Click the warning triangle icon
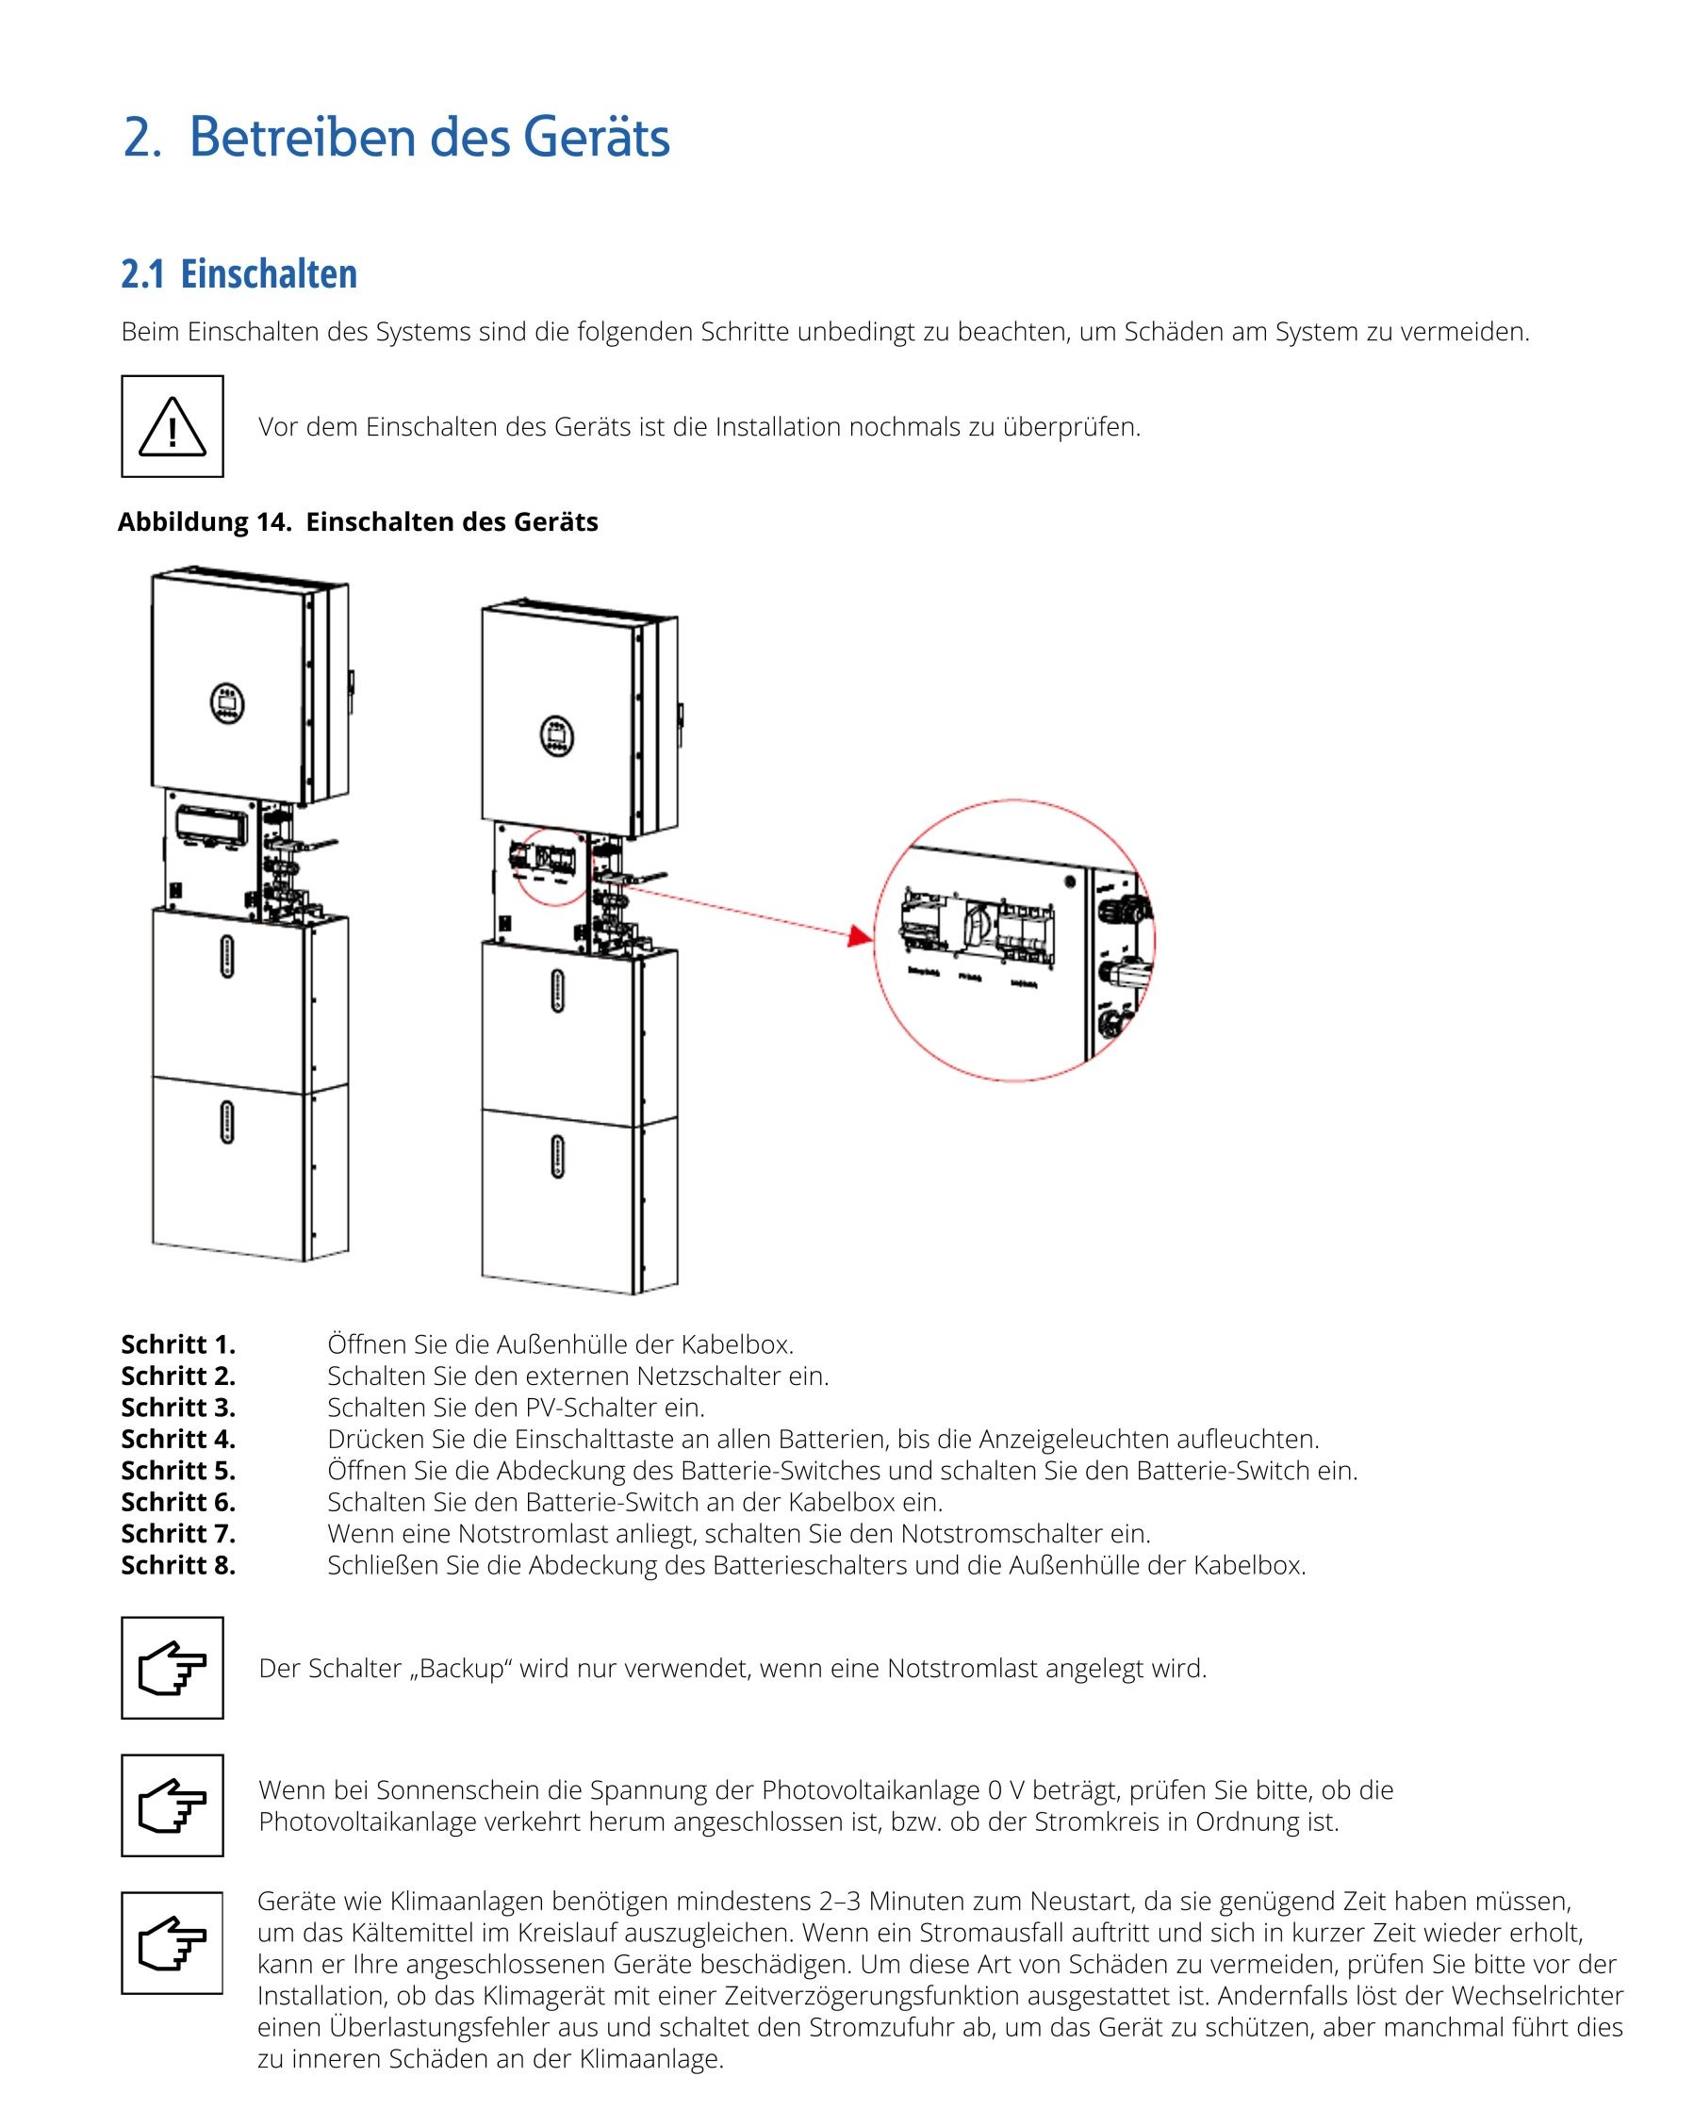click(x=172, y=427)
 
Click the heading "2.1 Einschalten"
click(x=238, y=274)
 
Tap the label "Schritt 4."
click(x=178, y=1439)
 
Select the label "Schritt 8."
click(x=178, y=1565)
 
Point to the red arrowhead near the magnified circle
click(x=860, y=936)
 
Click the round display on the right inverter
click(x=557, y=735)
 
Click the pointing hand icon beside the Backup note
click(x=172, y=1669)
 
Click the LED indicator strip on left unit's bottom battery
click(x=227, y=1122)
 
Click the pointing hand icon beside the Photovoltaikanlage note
click(x=172, y=1805)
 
